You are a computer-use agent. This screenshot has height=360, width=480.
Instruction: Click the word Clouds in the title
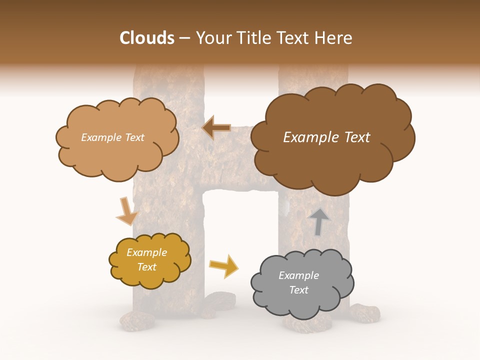click(x=147, y=38)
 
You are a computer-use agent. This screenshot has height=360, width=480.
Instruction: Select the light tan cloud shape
click(x=117, y=150)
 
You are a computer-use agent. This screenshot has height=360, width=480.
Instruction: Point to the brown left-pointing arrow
click(x=216, y=128)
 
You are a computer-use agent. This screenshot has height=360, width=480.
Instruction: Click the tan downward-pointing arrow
click(x=126, y=211)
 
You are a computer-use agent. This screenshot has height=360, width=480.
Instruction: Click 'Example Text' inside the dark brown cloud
click(x=326, y=137)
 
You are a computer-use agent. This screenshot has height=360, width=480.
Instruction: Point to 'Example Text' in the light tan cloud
click(x=112, y=137)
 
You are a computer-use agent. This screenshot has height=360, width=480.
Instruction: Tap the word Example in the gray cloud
click(x=298, y=275)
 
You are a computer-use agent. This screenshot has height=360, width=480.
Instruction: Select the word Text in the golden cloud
click(x=147, y=267)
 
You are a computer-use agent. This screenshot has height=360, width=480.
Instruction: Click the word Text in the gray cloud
click(x=298, y=290)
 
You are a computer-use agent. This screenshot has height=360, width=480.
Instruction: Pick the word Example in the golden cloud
click(x=146, y=252)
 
